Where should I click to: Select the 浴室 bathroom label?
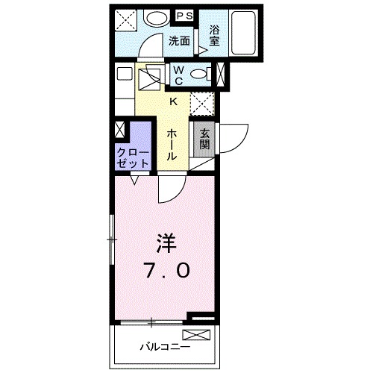215,36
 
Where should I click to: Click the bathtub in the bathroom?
242,33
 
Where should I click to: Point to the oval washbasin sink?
156,18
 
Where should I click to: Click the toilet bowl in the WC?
197,73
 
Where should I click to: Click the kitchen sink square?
153,77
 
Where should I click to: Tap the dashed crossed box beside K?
202,103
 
